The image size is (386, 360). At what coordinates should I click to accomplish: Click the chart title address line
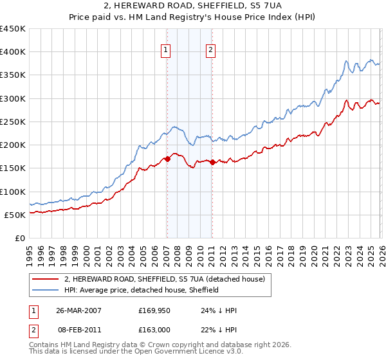[193, 6]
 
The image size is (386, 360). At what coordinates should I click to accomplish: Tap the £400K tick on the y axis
[13, 52]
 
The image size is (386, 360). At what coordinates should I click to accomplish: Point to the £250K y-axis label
[13, 122]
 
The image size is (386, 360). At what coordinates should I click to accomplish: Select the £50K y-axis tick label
[15, 215]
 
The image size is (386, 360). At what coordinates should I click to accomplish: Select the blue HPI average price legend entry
[142, 290]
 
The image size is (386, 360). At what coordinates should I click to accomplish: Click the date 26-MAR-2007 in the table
[78, 310]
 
